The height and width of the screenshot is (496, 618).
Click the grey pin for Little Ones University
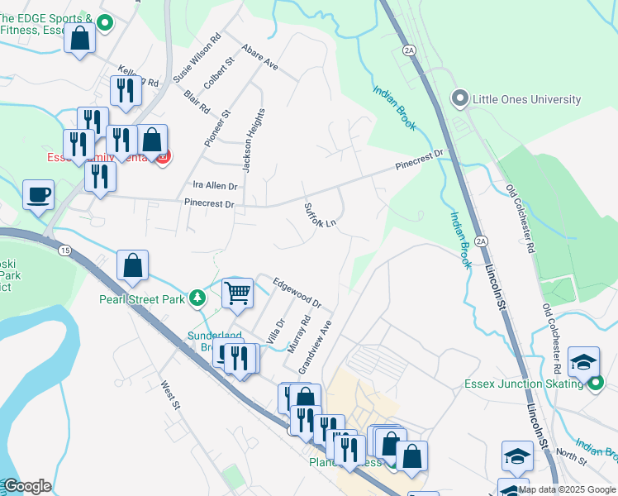459,99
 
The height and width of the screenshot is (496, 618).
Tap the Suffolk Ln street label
321,215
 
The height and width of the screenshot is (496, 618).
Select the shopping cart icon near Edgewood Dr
237,292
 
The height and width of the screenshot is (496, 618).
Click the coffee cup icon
38,196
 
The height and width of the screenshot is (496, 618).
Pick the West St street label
170,394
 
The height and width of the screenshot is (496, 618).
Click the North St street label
570,452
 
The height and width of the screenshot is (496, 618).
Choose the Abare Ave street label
259,56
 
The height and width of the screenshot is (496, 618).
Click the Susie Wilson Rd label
197,57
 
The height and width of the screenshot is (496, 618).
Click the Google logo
27,486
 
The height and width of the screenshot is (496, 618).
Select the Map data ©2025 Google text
568,489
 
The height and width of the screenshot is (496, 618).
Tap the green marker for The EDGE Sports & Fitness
104,24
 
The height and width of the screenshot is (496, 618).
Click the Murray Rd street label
298,334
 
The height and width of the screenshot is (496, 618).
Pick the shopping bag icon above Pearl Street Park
132,266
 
